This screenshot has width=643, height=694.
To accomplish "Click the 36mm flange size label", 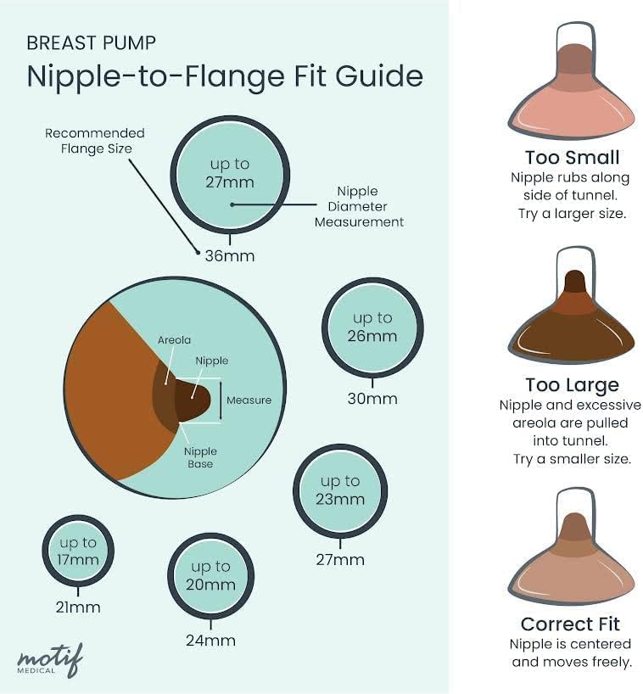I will (x=229, y=255).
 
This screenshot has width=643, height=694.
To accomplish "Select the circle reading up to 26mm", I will (x=372, y=327).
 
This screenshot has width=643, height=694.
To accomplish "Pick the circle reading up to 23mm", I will (x=339, y=490).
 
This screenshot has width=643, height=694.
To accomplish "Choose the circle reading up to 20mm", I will (x=210, y=575).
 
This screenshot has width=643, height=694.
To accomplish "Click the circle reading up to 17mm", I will (x=78, y=551).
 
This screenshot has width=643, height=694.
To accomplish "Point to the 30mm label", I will (x=372, y=398).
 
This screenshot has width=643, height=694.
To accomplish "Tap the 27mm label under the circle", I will (x=340, y=559).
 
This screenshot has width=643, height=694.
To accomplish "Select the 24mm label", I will (x=210, y=641).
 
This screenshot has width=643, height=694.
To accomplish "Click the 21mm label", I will (x=78, y=607).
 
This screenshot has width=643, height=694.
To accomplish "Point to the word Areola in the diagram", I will (x=174, y=340).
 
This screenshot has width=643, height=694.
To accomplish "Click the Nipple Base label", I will (x=201, y=457).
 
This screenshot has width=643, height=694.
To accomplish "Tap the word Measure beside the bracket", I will (x=249, y=400).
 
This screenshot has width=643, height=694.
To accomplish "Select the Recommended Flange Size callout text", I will (x=95, y=141).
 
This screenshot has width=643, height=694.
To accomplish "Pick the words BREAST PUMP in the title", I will (x=92, y=42).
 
